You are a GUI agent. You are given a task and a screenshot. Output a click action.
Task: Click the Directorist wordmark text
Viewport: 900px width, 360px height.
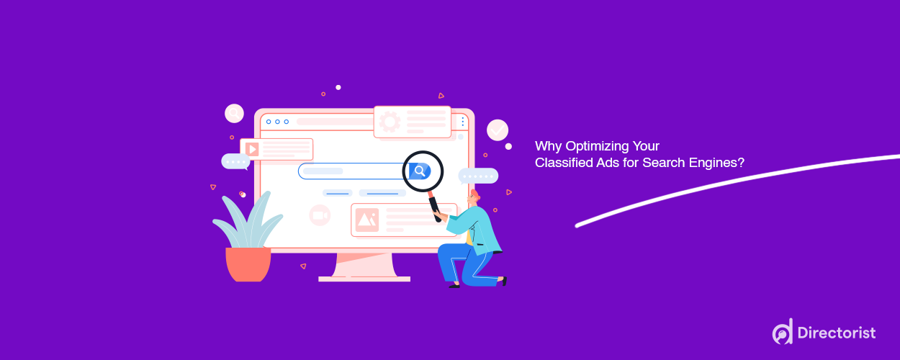836,333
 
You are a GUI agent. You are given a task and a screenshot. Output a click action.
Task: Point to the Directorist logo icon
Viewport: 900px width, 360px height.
783,332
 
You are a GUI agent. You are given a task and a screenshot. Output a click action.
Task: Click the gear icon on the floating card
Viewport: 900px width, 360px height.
390,122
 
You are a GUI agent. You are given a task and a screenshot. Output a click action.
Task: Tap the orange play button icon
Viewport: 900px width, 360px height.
252,149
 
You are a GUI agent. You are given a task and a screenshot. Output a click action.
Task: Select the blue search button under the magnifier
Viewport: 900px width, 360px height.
419,171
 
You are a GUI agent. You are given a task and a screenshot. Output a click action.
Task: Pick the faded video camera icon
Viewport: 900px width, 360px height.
319,215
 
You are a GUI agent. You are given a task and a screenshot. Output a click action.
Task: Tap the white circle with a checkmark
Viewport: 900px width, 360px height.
498,130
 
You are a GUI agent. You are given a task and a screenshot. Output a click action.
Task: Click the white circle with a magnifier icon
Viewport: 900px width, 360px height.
234,113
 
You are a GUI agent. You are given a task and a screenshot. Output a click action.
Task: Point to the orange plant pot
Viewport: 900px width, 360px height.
248,264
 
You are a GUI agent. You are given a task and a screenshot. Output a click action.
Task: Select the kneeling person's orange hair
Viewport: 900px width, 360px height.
474,195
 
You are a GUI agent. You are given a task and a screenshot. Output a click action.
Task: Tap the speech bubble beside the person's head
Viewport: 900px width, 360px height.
478,176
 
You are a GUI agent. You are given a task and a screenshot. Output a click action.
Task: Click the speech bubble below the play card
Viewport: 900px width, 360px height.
235,161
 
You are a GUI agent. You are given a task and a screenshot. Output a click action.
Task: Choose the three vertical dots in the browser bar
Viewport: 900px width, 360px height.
462,122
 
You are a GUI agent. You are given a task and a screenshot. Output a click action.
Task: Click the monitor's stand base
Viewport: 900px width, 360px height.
364,278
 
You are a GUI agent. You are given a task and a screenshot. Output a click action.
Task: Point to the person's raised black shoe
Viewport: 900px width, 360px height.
503,281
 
